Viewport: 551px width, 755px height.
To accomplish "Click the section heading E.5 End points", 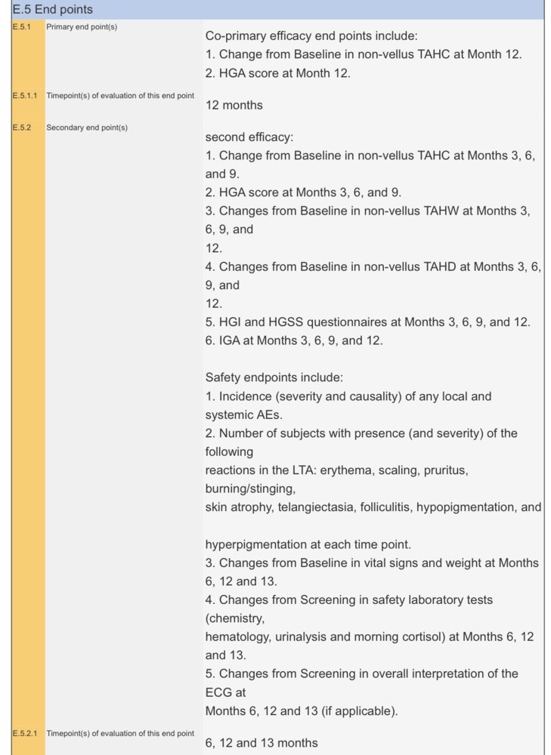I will pyautogui.click(x=53, y=10).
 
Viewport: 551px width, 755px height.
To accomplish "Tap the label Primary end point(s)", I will pyautogui.click(x=82, y=27).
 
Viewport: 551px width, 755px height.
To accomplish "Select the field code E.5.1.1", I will pyautogui.click(x=23, y=96).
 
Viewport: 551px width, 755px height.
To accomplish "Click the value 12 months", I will pyautogui.click(x=234, y=106).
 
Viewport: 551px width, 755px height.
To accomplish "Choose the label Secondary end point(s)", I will pyautogui.click(x=87, y=128).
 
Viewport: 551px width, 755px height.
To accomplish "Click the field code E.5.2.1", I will pyautogui.click(x=23, y=733).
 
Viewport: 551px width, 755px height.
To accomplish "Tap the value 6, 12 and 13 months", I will pyautogui.click(x=262, y=743).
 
